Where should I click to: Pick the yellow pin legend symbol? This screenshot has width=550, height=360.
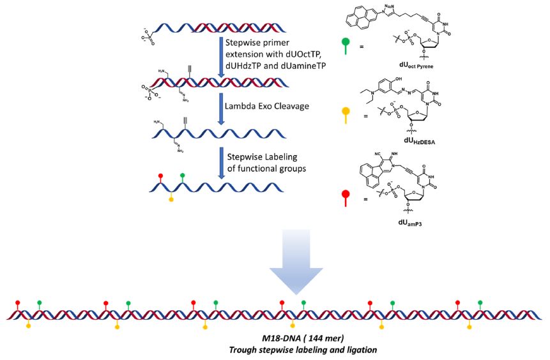(x=346, y=113)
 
